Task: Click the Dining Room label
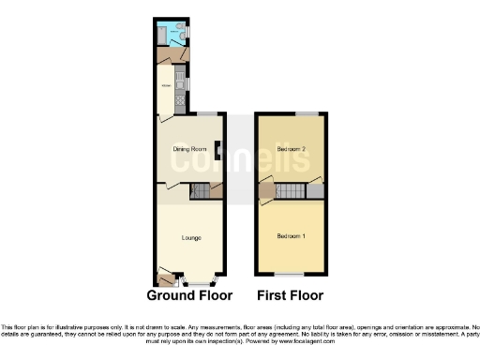point(188,149)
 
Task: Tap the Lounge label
point(190,237)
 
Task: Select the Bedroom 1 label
point(291,235)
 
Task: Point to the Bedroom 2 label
point(292,149)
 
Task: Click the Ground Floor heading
point(189,294)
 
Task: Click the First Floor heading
point(291,294)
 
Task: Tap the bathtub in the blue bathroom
point(163,33)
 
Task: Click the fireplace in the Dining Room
point(217,150)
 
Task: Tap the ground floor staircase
point(200,191)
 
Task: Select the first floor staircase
point(292,191)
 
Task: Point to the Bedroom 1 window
point(291,274)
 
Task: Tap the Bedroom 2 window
point(305,113)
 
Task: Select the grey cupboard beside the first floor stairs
point(316,191)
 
